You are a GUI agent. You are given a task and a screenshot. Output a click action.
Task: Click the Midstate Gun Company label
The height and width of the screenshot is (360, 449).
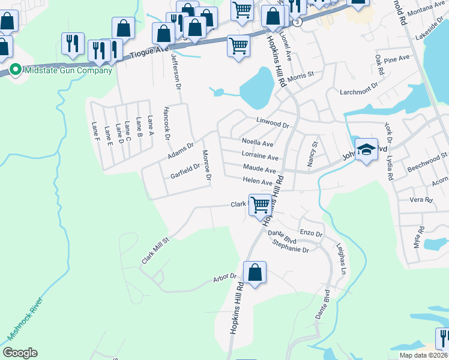tap(67, 70)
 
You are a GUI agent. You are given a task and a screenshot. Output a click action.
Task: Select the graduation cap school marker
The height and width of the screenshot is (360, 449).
tap(366, 150)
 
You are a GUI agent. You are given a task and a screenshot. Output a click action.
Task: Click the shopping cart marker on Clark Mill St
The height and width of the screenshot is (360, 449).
tap(260, 205)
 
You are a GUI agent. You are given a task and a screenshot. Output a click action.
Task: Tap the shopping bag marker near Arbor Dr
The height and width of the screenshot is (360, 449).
tap(255, 272)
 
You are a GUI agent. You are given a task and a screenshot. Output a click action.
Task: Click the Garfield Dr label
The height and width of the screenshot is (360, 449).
tap(185, 172)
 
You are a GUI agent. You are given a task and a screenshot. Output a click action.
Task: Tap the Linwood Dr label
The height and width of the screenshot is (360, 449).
tap(273, 124)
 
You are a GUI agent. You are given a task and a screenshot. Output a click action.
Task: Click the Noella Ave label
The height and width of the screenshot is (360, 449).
tap(258, 143)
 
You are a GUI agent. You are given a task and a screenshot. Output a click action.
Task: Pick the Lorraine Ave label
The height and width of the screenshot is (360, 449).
tap(260, 157)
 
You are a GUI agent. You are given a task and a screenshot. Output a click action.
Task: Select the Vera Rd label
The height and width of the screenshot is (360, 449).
tap(421, 200)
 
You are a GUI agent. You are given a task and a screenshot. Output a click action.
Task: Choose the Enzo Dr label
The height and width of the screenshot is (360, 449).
tap(312, 232)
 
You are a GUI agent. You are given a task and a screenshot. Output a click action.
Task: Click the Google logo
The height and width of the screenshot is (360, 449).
tap(20, 353)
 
